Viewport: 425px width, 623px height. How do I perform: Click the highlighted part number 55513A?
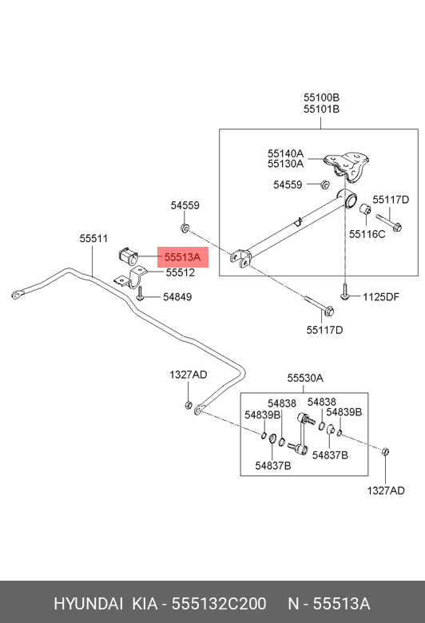tap(182, 257)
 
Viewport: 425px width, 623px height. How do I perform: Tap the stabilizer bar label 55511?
tap(93, 238)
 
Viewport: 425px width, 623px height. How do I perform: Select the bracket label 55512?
tap(180, 272)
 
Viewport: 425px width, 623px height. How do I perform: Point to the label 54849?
tap(177, 297)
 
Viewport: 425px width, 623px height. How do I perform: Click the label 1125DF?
tap(380, 297)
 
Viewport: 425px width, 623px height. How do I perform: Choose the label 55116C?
tap(367, 234)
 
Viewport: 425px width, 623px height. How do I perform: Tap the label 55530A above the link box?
tap(305, 379)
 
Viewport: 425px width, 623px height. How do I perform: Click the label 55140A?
tap(285, 153)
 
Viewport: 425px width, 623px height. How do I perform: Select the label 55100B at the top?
tap(321, 97)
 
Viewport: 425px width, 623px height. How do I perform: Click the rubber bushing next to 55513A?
tap(128, 256)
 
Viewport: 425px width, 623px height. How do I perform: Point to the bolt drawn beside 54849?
tap(140, 294)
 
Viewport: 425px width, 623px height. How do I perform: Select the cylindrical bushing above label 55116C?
tap(365, 208)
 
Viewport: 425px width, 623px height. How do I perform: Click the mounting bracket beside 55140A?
tap(347, 166)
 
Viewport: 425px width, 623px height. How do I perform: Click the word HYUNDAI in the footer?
tap(88, 604)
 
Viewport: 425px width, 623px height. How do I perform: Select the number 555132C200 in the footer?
tap(219, 604)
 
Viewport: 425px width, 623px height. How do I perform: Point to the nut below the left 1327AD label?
tap(189, 405)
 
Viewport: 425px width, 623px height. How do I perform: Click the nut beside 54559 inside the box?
tap(324, 185)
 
